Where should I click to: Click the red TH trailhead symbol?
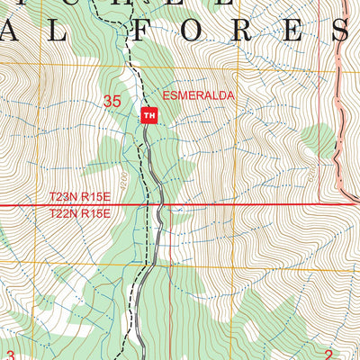[148, 115]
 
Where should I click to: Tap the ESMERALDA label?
[185, 95]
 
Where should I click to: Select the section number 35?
[112, 102]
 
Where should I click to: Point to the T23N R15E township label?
[79, 195]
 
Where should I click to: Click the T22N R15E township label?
[79, 214]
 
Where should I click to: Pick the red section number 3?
[10, 355]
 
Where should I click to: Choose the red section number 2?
[328, 355]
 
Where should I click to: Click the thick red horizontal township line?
[252, 205]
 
